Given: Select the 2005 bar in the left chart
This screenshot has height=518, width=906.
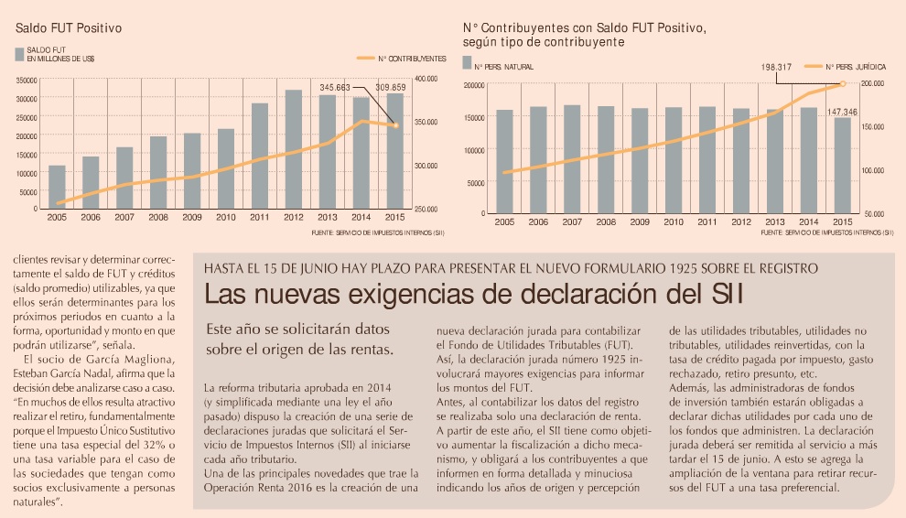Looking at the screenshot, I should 57,187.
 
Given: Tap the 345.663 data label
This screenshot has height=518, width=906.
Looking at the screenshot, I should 335,87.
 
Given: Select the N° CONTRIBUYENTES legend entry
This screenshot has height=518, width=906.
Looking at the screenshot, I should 411,57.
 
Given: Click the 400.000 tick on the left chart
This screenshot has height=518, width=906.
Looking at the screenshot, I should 426,80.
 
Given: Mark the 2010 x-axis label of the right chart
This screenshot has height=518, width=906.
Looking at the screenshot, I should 673,222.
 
